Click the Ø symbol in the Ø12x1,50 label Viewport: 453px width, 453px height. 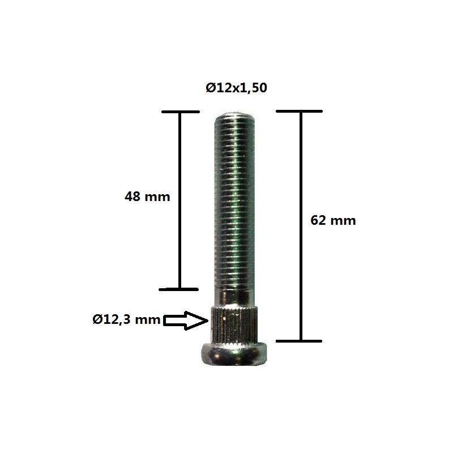210,88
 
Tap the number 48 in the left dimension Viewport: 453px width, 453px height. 133,197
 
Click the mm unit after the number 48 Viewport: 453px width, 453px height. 157,197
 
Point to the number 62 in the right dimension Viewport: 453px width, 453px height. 319,221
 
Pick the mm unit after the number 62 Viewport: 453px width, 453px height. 344,221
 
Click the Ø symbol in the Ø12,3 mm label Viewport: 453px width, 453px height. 97,320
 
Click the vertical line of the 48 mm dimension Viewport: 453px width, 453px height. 180,198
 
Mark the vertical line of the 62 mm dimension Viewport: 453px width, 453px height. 300,226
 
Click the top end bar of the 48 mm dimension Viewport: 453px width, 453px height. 180,112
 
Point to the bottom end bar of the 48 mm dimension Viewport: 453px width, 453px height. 179,289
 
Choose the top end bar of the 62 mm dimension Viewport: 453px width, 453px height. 299,112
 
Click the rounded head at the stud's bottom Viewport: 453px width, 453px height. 234,354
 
